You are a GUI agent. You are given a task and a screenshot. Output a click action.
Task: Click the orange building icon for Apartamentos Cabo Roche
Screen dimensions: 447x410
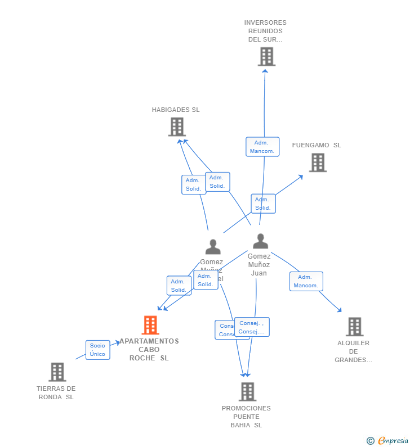pyautogui.click(x=150, y=325)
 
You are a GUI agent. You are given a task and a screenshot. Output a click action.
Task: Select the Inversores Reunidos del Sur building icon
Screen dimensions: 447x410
pyautogui.click(x=266, y=57)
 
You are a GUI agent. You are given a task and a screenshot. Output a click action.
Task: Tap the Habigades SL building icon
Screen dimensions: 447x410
pyautogui.click(x=177, y=127)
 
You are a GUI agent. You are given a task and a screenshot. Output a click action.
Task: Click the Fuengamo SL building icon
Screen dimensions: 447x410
pyautogui.click(x=318, y=162)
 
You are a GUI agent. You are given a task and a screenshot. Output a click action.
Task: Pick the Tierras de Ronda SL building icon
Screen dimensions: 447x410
pyautogui.click(x=57, y=372)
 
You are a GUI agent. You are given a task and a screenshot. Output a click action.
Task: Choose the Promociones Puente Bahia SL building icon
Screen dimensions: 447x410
pyautogui.click(x=247, y=391)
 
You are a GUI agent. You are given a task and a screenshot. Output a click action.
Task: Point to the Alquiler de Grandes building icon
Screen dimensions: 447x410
pyautogui.click(x=354, y=326)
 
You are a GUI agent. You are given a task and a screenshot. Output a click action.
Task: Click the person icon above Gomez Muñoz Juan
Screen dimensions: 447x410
pyautogui.click(x=260, y=241)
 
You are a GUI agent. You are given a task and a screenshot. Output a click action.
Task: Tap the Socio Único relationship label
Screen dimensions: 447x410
pyautogui.click(x=97, y=350)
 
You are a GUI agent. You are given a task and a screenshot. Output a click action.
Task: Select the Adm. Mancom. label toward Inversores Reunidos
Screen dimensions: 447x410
pyautogui.click(x=262, y=147)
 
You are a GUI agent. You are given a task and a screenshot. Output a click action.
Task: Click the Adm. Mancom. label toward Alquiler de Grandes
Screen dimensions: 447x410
pyautogui.click(x=306, y=281)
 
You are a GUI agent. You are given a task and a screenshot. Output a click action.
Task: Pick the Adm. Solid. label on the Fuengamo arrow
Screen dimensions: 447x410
pyautogui.click(x=263, y=204)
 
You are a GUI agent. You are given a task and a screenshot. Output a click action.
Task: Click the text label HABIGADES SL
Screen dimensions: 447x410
pyautogui.click(x=176, y=110)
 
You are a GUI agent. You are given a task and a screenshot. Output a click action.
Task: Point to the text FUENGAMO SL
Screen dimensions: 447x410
pyautogui.click(x=317, y=146)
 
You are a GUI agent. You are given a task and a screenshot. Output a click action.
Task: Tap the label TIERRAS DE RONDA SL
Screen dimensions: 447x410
pyautogui.click(x=56, y=392)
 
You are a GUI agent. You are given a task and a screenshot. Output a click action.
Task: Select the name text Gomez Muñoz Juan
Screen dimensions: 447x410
pyautogui.click(x=259, y=264)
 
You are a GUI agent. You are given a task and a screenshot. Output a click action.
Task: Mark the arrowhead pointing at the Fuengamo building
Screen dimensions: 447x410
pyautogui.click(x=301, y=177)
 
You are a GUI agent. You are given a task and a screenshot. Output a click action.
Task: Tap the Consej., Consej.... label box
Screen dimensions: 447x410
pyautogui.click(x=252, y=327)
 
